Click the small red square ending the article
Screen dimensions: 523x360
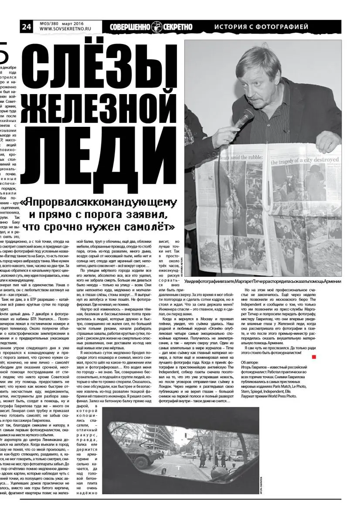coord(314,357)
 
